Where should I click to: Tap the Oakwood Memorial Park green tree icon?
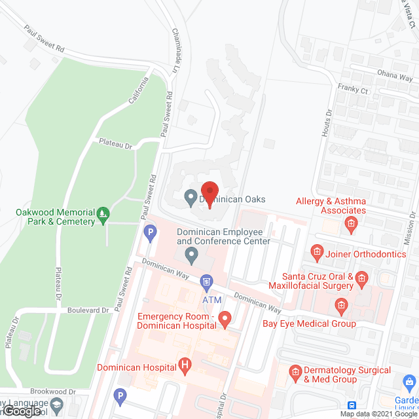click(103, 214)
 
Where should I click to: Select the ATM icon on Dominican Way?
click(206, 283)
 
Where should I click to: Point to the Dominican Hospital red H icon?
click(186, 365)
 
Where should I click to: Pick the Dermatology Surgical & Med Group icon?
click(296, 373)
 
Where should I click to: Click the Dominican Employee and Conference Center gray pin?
click(191, 253)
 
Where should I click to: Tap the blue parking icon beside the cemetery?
click(150, 231)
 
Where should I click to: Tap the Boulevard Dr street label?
click(90, 310)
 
